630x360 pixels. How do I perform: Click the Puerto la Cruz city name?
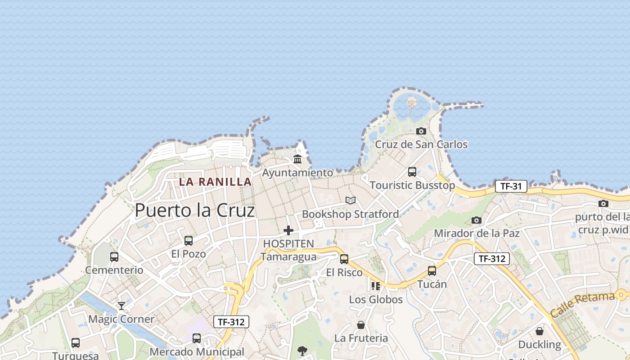(x=195, y=210)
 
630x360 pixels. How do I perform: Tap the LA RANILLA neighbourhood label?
(x=215, y=182)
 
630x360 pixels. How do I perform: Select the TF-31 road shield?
(x=511, y=186)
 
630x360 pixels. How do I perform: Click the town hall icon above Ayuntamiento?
(x=297, y=159)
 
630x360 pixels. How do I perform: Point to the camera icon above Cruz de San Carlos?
(x=421, y=131)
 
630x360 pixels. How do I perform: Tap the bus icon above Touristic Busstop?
(x=412, y=171)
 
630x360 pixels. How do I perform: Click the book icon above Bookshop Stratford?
(x=351, y=200)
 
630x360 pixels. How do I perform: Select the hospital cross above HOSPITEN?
(x=288, y=230)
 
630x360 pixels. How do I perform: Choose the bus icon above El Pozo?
(x=189, y=241)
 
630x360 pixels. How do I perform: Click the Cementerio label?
(x=114, y=270)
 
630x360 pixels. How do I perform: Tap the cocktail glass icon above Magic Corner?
(x=121, y=306)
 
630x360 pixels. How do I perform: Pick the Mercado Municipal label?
(x=197, y=351)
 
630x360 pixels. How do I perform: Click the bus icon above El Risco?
(x=344, y=259)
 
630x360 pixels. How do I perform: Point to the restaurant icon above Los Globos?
(x=376, y=286)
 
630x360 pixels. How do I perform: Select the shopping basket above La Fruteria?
(x=361, y=324)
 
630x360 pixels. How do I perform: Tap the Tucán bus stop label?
(x=432, y=284)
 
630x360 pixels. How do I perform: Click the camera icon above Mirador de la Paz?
(x=477, y=220)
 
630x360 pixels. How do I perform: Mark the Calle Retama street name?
(x=582, y=304)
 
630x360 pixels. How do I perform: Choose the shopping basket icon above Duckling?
(x=540, y=331)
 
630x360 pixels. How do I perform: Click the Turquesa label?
(x=76, y=355)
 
